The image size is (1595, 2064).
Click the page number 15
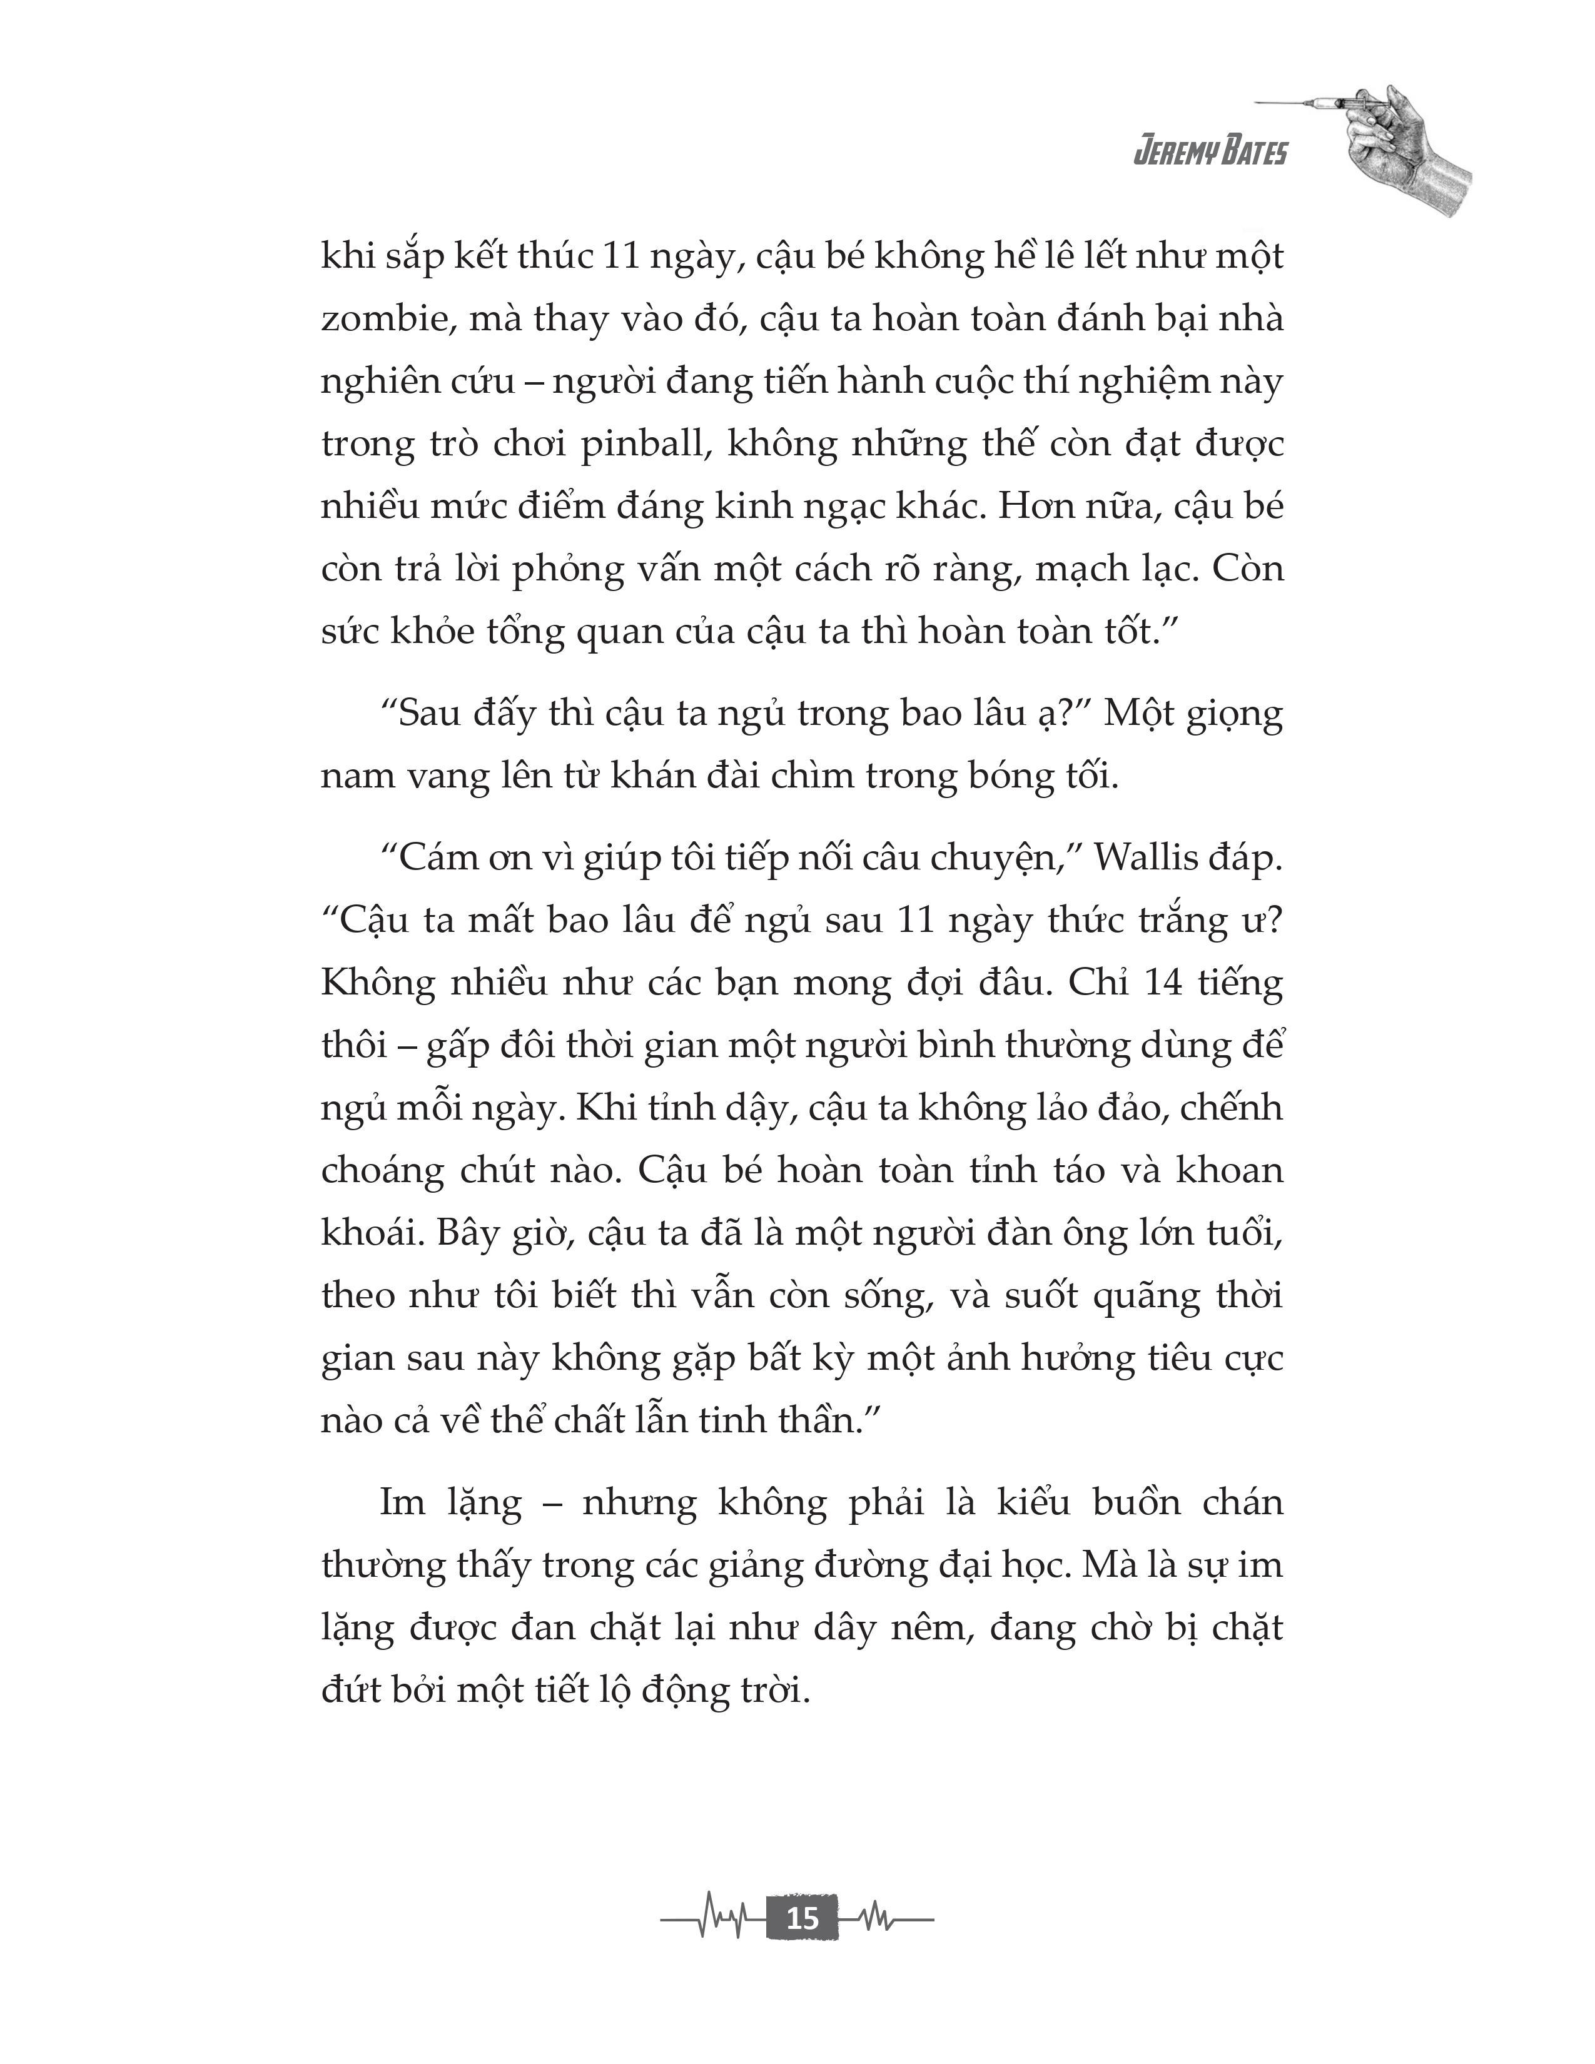tap(801, 1918)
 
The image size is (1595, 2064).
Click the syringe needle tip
tap(1258, 102)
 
